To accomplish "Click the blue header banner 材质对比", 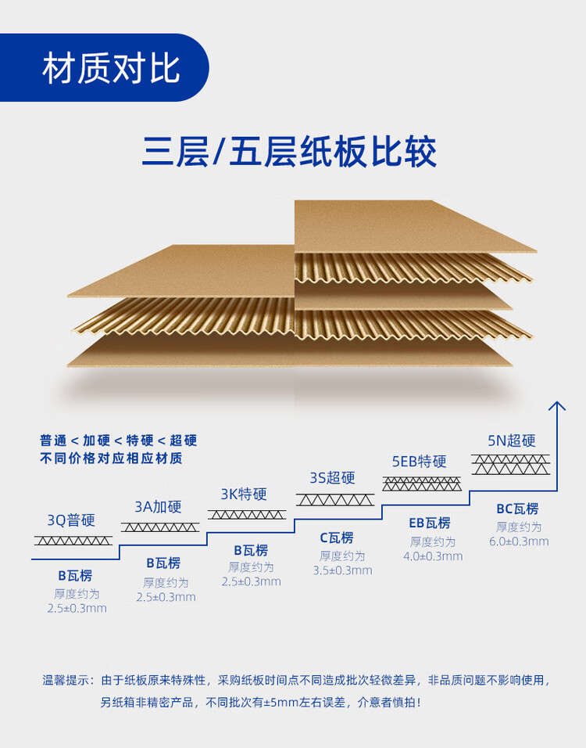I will pyautogui.click(x=109, y=69).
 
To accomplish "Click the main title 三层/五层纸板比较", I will pyautogui.click(x=288, y=152).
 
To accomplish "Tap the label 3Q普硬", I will pyautogui.click(x=70, y=520).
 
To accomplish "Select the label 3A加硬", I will pyautogui.click(x=158, y=506).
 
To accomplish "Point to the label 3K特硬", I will pyautogui.click(x=244, y=494).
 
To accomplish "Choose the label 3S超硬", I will pyautogui.click(x=332, y=477).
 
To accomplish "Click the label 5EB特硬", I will pyautogui.click(x=419, y=461).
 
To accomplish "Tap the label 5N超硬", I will pyautogui.click(x=512, y=440).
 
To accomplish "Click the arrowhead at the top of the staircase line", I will pyautogui.click(x=556, y=405).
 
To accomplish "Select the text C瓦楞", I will pyautogui.click(x=337, y=538).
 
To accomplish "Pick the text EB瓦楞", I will pyautogui.click(x=429, y=523).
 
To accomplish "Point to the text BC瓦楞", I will pyautogui.click(x=517, y=509).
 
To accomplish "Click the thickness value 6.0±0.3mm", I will pyautogui.click(x=519, y=541).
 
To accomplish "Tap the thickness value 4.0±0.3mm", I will pyautogui.click(x=433, y=556).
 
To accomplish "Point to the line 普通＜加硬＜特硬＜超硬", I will pyautogui.click(x=118, y=441).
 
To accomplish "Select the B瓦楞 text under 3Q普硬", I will pyautogui.click(x=75, y=576).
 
